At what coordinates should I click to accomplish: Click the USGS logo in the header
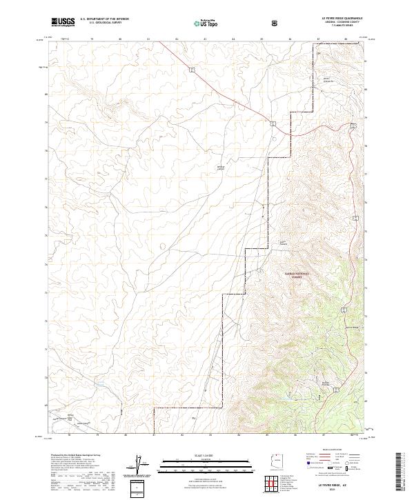pos(63,21)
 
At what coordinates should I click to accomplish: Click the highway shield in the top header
pos(274,21)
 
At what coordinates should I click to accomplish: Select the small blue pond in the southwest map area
pos(99,384)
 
